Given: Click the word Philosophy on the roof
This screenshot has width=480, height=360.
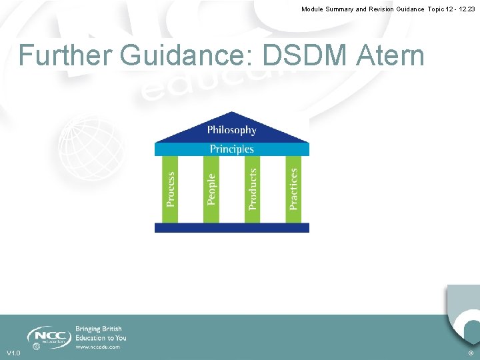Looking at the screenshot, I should pyautogui.click(x=231, y=130).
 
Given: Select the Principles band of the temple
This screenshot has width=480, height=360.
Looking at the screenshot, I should pyautogui.click(x=231, y=149).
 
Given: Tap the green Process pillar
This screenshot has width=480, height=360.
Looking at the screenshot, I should pyautogui.click(x=171, y=189).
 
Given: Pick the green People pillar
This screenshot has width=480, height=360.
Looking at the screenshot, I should pyautogui.click(x=211, y=189).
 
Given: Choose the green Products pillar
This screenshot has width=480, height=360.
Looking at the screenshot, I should pyautogui.click(x=253, y=189).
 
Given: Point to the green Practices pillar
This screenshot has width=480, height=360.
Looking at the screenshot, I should pyautogui.click(x=293, y=189).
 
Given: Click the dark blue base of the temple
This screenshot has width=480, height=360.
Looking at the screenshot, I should pyautogui.click(x=231, y=227).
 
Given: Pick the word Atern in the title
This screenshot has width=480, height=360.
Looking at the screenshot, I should pyautogui.click(x=391, y=55).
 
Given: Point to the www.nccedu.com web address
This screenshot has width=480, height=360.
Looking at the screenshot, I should pyautogui.click(x=97, y=347).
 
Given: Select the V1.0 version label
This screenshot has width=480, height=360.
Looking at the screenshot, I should pyautogui.click(x=13, y=353).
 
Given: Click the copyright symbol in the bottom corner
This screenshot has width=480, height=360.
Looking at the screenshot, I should pyautogui.click(x=471, y=353).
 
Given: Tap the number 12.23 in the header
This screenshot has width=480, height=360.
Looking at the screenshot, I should pyautogui.click(x=465, y=9).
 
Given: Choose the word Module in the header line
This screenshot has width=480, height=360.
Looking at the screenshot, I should pyautogui.click(x=315, y=9).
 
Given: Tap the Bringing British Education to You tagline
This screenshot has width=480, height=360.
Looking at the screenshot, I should pyautogui.click(x=100, y=333).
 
